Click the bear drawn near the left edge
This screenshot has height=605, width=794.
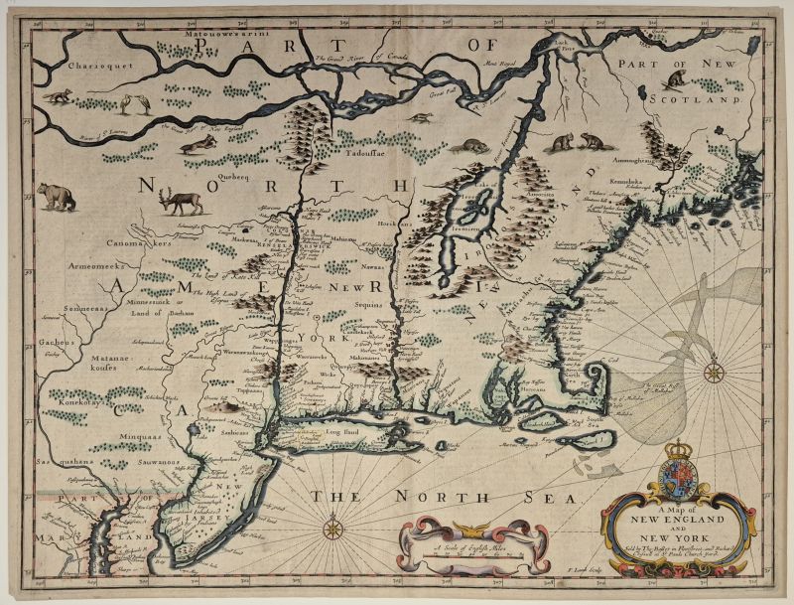point(57,196)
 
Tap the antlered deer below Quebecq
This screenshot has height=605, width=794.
point(189,203)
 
